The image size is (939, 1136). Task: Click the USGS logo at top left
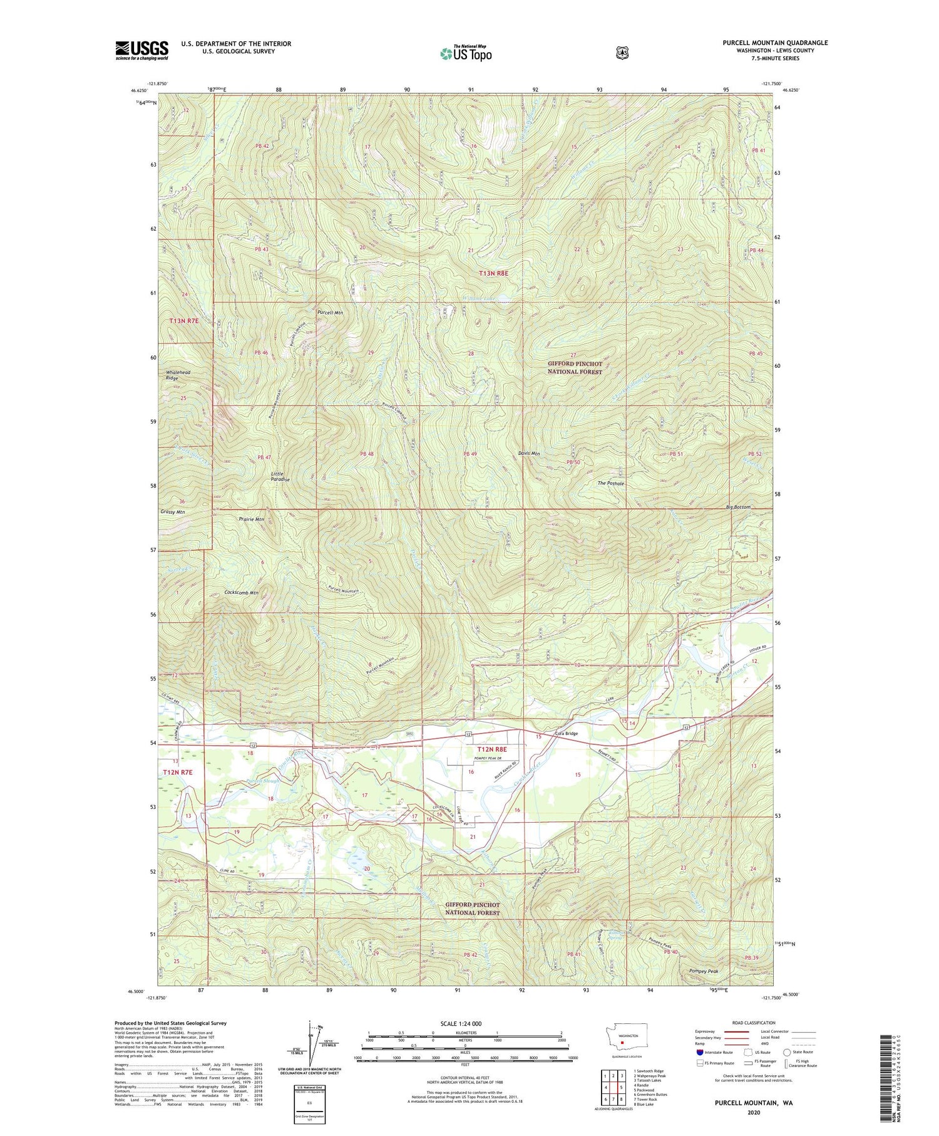point(141,50)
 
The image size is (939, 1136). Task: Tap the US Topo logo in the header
point(466,53)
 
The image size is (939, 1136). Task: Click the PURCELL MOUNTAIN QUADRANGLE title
point(774,43)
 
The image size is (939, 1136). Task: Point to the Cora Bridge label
point(567,734)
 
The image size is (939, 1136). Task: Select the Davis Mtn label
point(528,454)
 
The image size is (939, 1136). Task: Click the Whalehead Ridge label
point(178,375)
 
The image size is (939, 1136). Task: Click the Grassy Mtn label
point(172,512)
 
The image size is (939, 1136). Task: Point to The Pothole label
point(610,484)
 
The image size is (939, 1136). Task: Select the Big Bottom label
point(738,507)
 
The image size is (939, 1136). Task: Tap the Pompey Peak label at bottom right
point(703,971)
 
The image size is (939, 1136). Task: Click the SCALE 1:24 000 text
point(461,1023)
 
